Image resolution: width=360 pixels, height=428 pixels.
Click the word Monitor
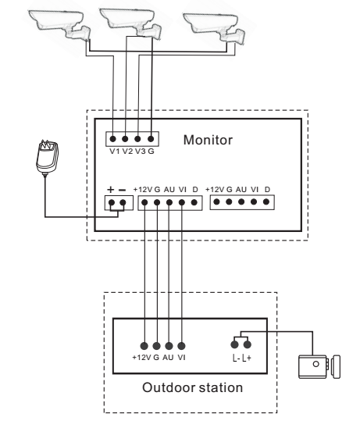[208, 140]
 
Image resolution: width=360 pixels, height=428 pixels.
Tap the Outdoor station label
[192, 387]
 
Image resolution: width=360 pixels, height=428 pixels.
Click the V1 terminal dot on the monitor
[112, 139]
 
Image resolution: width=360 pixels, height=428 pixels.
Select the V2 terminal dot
[125, 139]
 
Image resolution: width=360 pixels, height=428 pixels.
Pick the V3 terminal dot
[137, 139]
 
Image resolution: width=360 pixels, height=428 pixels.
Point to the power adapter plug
[47, 157]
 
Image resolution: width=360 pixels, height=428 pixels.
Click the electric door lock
[319, 366]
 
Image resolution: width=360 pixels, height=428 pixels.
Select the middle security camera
[131, 23]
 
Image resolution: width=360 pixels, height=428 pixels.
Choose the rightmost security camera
[215, 27]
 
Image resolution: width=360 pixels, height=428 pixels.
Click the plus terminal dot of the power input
[112, 202]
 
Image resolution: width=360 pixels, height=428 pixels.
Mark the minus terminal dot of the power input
[123, 202]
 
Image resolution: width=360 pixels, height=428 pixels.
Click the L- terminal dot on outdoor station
[234, 344]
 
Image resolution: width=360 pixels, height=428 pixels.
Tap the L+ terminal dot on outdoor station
[248, 344]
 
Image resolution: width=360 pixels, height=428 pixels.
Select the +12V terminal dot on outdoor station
[144, 346]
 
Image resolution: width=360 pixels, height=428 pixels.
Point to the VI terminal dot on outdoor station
[181, 346]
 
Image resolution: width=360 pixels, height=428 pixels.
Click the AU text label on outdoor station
[168, 357]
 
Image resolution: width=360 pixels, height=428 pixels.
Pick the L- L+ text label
[242, 358]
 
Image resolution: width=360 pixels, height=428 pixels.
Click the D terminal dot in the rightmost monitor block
[266, 202]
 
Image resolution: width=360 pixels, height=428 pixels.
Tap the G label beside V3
[151, 152]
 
